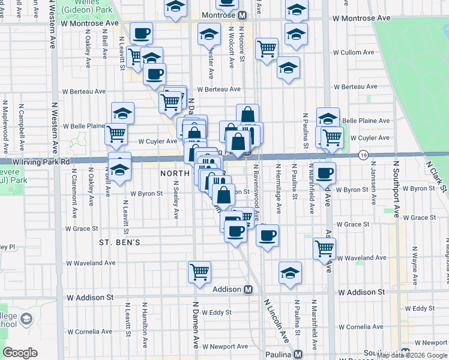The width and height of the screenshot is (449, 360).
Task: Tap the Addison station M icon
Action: (247, 289)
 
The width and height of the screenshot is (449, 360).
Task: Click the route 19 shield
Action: (364, 155)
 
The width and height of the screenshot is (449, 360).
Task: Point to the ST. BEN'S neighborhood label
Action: (119, 242)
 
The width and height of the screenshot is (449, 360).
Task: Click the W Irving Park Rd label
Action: (36, 161)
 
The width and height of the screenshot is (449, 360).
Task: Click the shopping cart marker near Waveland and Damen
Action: (199, 271)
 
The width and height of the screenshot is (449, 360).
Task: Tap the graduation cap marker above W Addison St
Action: (290, 272)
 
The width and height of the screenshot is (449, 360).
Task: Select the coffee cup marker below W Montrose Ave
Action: (141, 34)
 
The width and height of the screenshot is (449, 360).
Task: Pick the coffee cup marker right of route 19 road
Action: (325, 173)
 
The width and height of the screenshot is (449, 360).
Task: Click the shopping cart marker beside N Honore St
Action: (266, 49)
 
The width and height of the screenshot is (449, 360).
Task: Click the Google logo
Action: (20, 353)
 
